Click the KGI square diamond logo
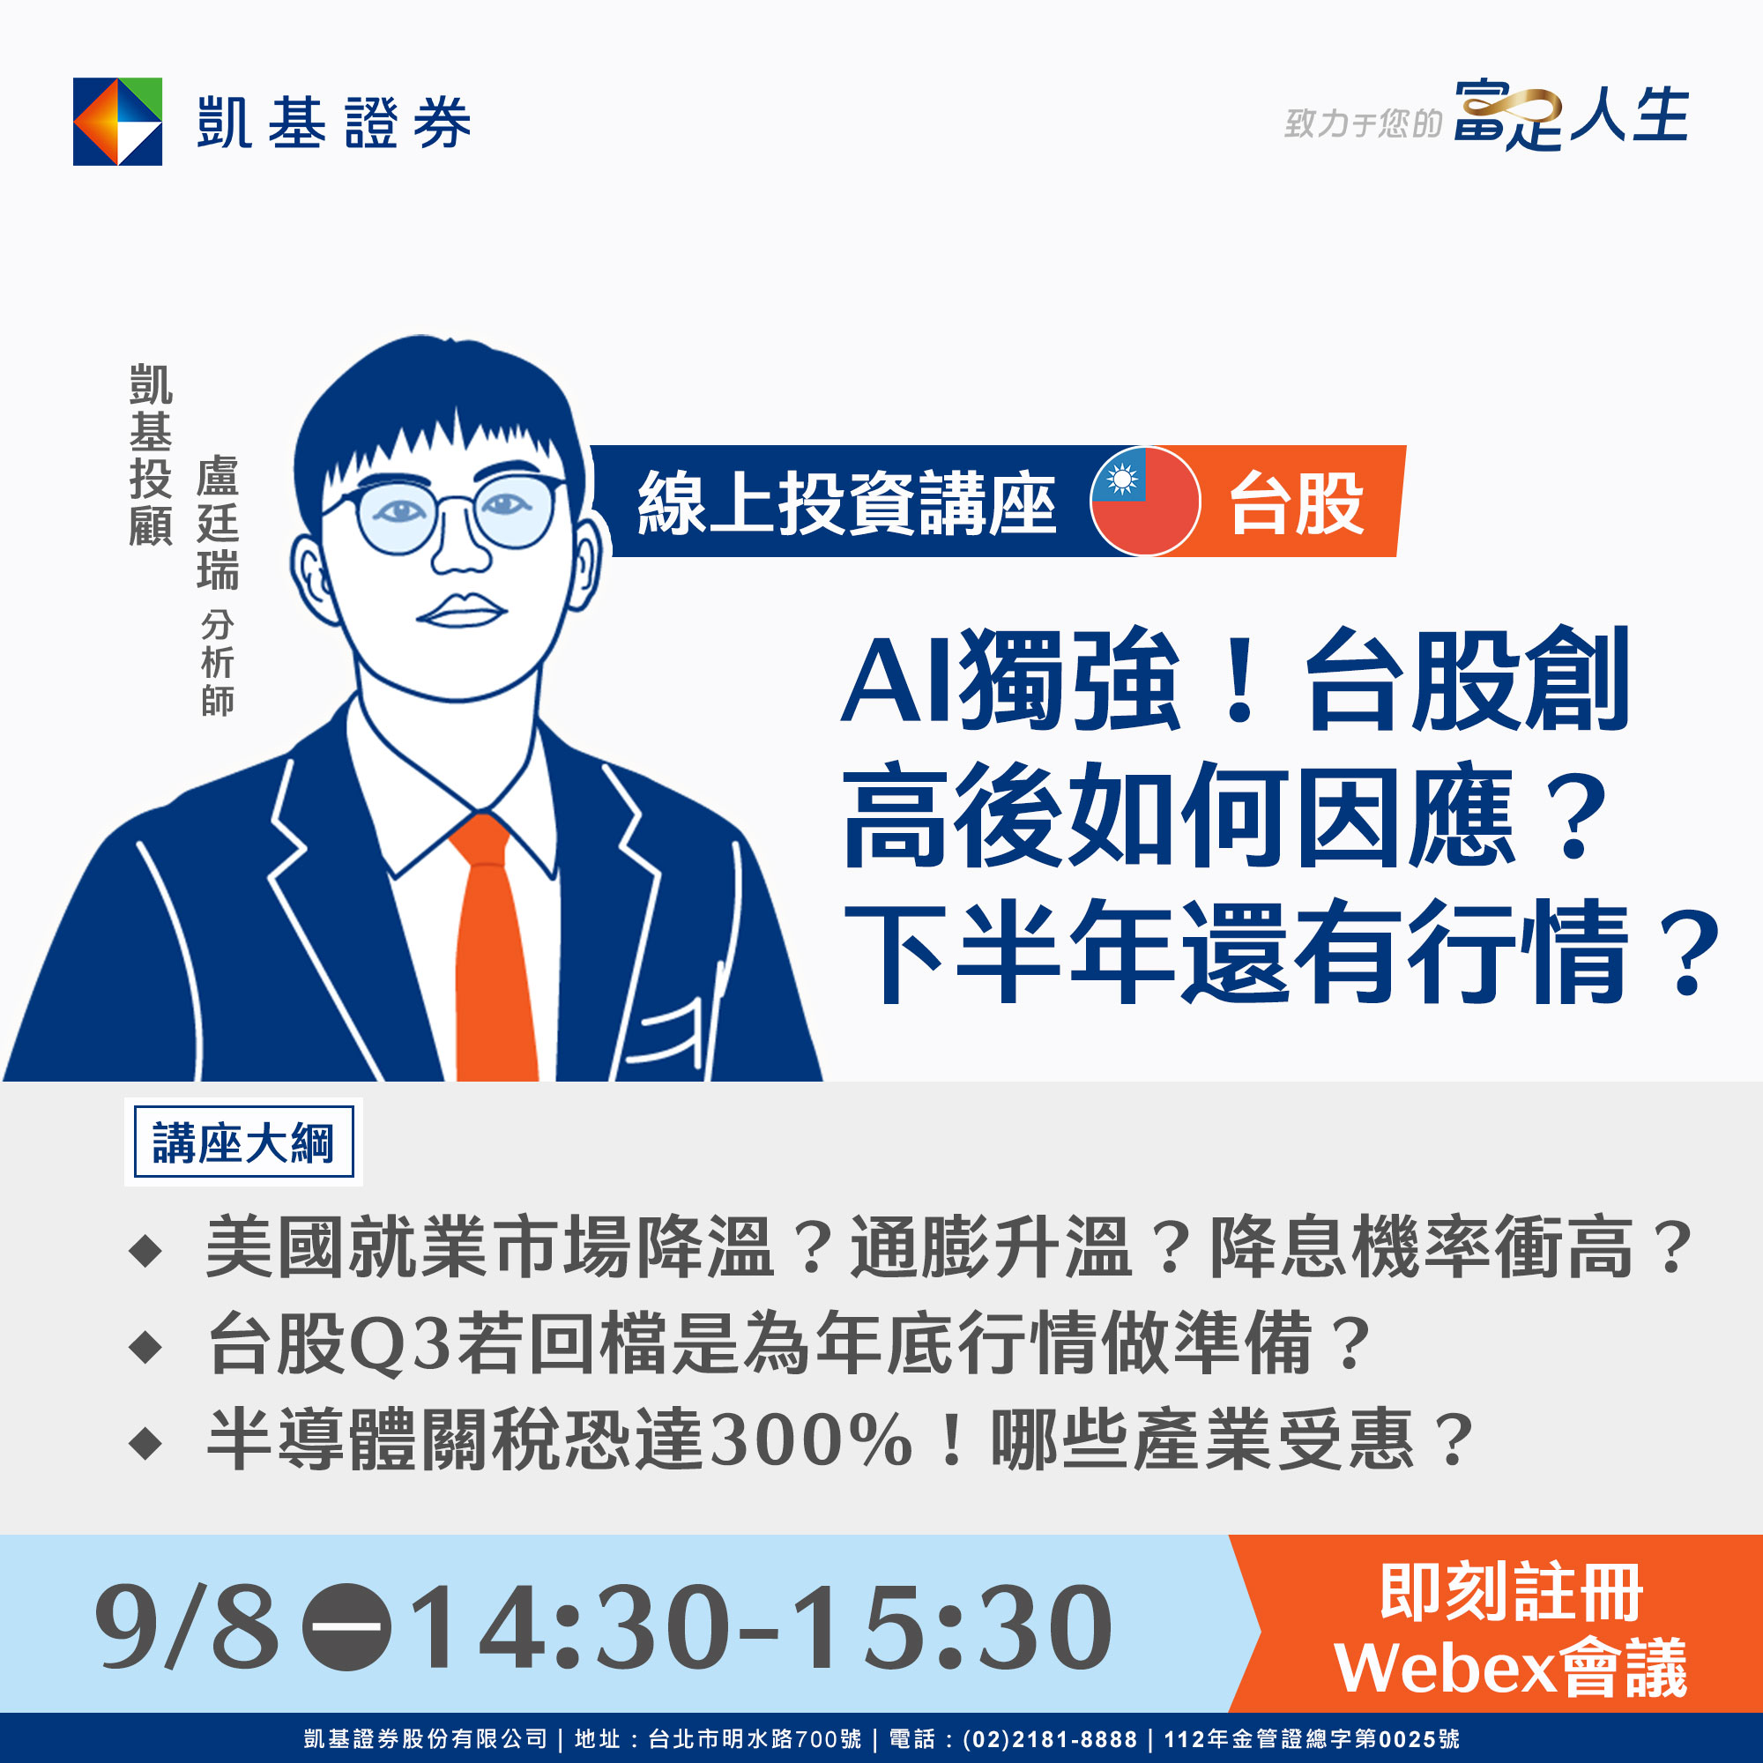(118, 122)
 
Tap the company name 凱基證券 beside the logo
(334, 123)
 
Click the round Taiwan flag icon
(1145, 501)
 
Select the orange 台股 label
(1297, 502)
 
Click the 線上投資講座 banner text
(847, 502)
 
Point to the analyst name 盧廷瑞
(217, 522)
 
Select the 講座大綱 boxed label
(243, 1142)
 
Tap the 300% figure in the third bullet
(811, 1439)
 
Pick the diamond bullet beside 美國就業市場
(146, 1250)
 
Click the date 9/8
(186, 1626)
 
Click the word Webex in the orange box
(1445, 1668)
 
